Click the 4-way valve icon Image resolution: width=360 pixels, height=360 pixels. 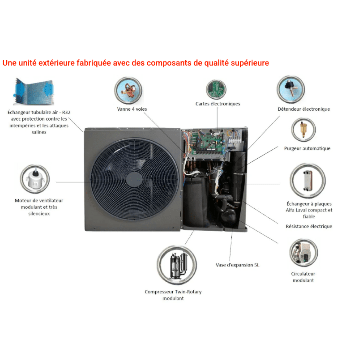click(x=128, y=90)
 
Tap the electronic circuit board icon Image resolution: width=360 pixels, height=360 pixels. click(x=216, y=90)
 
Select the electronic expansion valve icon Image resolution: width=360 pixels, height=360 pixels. click(x=291, y=90)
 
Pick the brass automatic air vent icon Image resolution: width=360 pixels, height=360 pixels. click(x=303, y=130)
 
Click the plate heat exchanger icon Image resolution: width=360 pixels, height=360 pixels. click(x=308, y=181)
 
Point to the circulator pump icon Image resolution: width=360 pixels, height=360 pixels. click(x=304, y=253)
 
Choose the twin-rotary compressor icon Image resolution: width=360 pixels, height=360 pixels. click(x=177, y=265)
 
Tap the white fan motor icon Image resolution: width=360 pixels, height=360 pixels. click(x=35, y=179)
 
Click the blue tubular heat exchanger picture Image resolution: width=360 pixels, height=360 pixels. click(x=34, y=92)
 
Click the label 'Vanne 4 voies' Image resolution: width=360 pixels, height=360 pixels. click(x=132, y=109)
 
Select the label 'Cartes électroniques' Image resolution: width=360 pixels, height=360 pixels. click(x=218, y=104)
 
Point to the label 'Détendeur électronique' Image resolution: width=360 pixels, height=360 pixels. click(x=304, y=109)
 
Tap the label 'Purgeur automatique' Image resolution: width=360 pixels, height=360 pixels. click(x=307, y=148)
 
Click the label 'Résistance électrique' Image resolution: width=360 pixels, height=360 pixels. click(x=309, y=226)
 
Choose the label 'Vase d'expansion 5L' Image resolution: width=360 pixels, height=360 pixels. click(x=237, y=265)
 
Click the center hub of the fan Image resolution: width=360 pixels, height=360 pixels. click(x=134, y=179)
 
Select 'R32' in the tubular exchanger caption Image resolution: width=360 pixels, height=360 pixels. click(x=66, y=112)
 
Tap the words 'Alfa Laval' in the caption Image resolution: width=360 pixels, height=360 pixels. click(x=294, y=210)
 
